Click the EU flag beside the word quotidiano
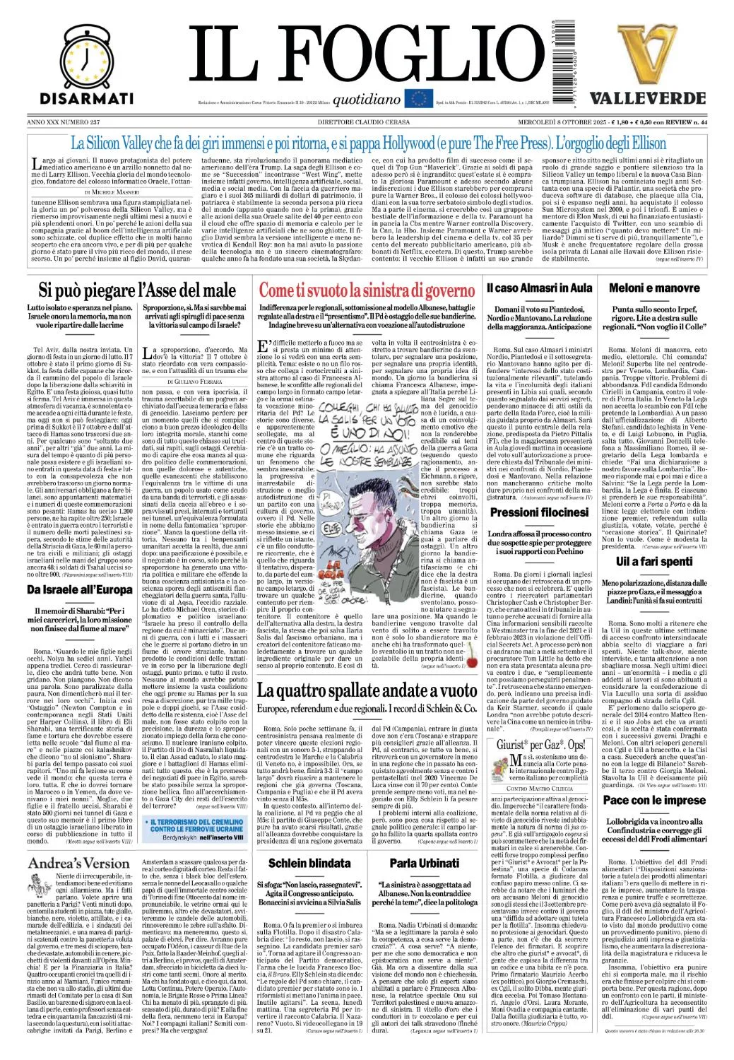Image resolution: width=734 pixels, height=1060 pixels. pyautogui.click(x=418, y=99)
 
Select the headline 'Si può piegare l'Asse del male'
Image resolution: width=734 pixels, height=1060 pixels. pyautogui.click(x=137, y=290)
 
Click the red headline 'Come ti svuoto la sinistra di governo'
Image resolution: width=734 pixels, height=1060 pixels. pyautogui.click(x=367, y=290)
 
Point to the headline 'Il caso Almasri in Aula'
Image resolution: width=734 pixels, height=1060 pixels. pyautogui.click(x=539, y=288)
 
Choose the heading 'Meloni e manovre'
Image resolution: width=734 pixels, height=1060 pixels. pyautogui.click(x=654, y=288)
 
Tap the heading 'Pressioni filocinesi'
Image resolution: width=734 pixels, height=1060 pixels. pyautogui.click(x=539, y=512)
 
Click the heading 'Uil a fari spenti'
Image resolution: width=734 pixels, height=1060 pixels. pyautogui.click(x=654, y=561)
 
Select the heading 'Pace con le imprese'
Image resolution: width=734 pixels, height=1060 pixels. pyautogui.click(x=654, y=800)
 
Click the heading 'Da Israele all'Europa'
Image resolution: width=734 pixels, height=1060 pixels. pyautogui.click(x=80, y=589)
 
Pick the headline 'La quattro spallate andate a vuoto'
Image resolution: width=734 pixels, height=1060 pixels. pyautogui.click(x=367, y=690)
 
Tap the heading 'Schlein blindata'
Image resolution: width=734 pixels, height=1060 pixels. pyautogui.click(x=309, y=863)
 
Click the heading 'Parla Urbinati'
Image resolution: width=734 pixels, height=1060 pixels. pyautogui.click(x=425, y=863)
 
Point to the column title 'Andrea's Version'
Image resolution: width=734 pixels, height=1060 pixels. pyautogui.click(x=79, y=863)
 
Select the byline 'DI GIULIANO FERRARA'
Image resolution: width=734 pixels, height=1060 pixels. pyautogui.click(x=194, y=382)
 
